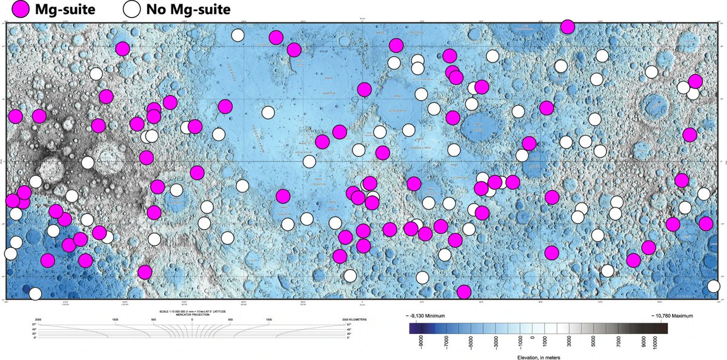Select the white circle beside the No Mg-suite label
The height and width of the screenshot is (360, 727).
pos(132,9)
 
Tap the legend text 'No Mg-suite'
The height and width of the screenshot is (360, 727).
pos(188,9)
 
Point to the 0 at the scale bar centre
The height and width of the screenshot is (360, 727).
pos(192,319)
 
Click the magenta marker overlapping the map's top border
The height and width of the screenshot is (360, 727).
pos(567,27)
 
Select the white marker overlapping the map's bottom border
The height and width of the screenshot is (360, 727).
pos(35,294)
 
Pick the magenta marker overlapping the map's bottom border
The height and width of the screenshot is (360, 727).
pos(464,292)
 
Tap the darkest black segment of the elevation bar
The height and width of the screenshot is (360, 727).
pos(664,328)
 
